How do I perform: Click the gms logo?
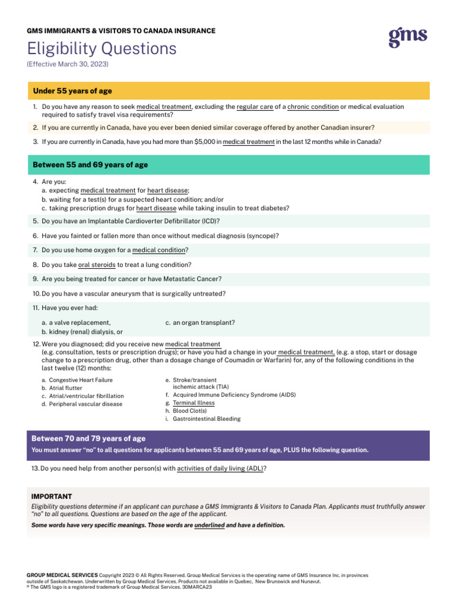click(408, 37)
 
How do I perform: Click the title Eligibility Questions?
click(102, 48)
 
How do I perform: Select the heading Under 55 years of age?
click(72, 91)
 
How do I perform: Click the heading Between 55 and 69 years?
click(90, 165)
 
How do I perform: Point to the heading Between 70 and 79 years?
click(88, 439)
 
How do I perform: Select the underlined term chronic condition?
click(313, 107)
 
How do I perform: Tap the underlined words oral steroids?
click(97, 265)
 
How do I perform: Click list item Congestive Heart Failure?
click(81, 380)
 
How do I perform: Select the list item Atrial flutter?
click(68, 388)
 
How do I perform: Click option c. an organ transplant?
click(200, 323)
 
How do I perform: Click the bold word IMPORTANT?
click(52, 497)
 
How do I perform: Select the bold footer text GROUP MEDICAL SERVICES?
click(62, 576)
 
